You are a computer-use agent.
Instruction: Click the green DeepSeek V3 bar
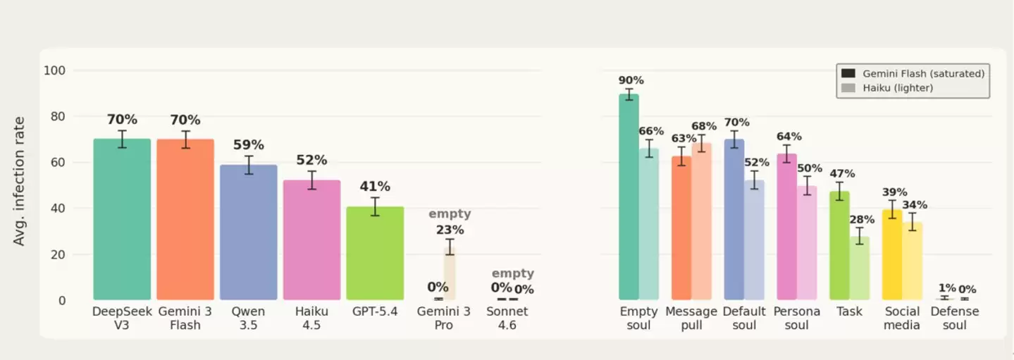(x=122, y=219)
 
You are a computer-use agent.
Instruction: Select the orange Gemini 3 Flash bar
(x=185, y=219)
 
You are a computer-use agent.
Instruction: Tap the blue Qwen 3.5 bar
(x=249, y=232)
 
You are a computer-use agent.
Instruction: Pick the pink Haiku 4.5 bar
(x=311, y=240)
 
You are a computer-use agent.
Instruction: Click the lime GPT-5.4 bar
(x=375, y=253)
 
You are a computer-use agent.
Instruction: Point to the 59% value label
(x=249, y=145)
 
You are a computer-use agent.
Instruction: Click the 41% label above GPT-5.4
(x=375, y=186)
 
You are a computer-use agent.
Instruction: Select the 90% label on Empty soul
(x=631, y=80)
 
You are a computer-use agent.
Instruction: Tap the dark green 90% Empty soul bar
(x=629, y=197)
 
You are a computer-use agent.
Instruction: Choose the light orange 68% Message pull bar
(x=701, y=221)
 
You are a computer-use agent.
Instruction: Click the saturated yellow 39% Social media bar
(x=892, y=254)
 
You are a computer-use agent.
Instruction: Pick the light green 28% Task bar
(x=859, y=268)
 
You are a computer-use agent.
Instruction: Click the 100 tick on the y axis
(x=54, y=70)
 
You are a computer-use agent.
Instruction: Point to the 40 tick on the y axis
(x=58, y=209)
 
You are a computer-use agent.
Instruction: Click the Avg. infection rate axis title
(x=18, y=181)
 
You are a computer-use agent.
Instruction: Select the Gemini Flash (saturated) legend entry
(x=913, y=73)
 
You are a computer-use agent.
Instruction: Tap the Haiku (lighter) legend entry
(x=887, y=88)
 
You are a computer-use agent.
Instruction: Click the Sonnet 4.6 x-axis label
(x=507, y=318)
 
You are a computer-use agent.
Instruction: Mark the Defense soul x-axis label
(x=955, y=318)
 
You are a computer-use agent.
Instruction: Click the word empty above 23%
(x=450, y=213)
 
